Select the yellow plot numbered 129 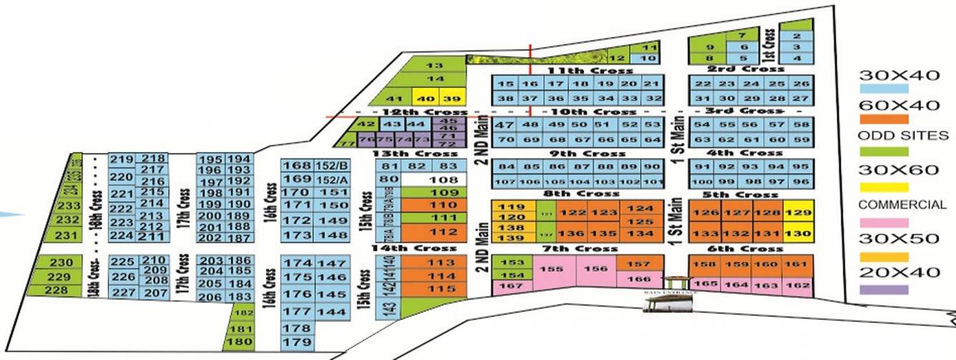click(x=798, y=213)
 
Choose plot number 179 click(x=296, y=343)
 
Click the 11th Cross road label click(x=590, y=70)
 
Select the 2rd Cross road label click(x=745, y=69)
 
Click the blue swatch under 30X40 click(x=883, y=89)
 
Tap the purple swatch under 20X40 click(x=883, y=290)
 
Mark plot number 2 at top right click(x=796, y=36)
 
